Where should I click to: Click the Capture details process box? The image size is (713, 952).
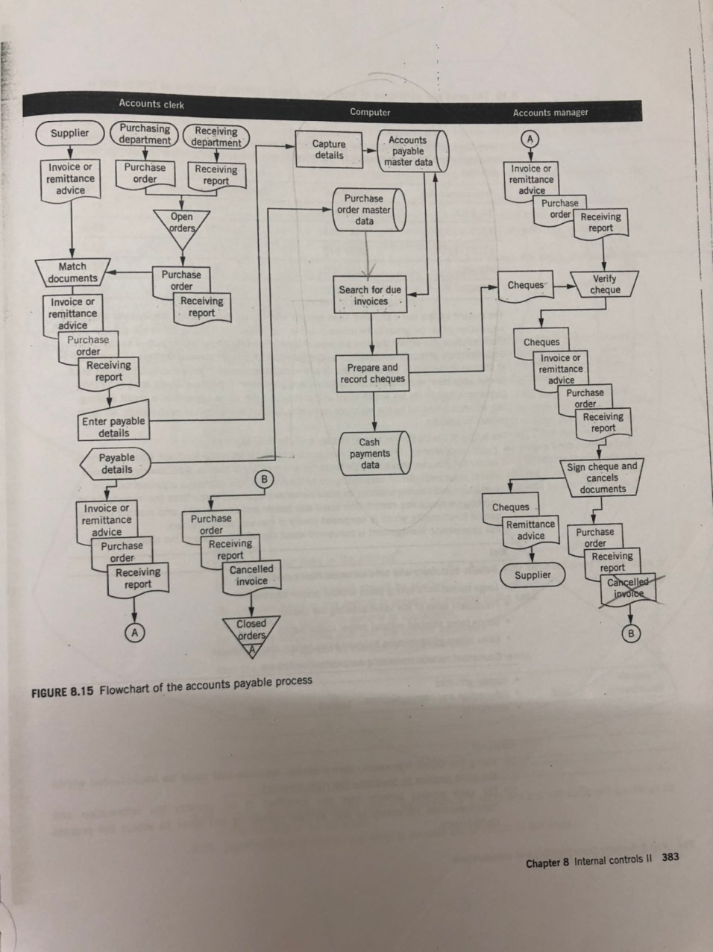pyautogui.click(x=329, y=149)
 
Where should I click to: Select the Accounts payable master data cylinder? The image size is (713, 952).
pyautogui.click(x=413, y=151)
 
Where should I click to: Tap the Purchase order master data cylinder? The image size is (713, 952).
pyautogui.click(x=369, y=210)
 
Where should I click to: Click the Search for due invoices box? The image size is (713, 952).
pyautogui.click(x=370, y=295)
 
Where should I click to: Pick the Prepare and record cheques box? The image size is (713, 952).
pyautogui.click(x=372, y=374)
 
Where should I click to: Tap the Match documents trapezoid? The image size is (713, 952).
pyautogui.click(x=72, y=272)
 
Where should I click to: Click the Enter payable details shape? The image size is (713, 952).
pyautogui.click(x=114, y=420)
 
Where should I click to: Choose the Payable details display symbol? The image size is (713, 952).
pyautogui.click(x=116, y=463)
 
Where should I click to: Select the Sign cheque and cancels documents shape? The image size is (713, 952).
pyautogui.click(x=602, y=477)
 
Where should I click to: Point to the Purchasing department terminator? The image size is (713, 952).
pyautogui.click(x=145, y=134)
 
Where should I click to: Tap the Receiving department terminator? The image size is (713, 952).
pyautogui.click(x=216, y=137)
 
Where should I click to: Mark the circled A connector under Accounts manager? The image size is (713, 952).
pyautogui.click(x=530, y=139)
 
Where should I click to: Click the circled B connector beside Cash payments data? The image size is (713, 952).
pyautogui.click(x=264, y=480)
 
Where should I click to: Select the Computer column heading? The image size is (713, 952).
pyautogui.click(x=370, y=112)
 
